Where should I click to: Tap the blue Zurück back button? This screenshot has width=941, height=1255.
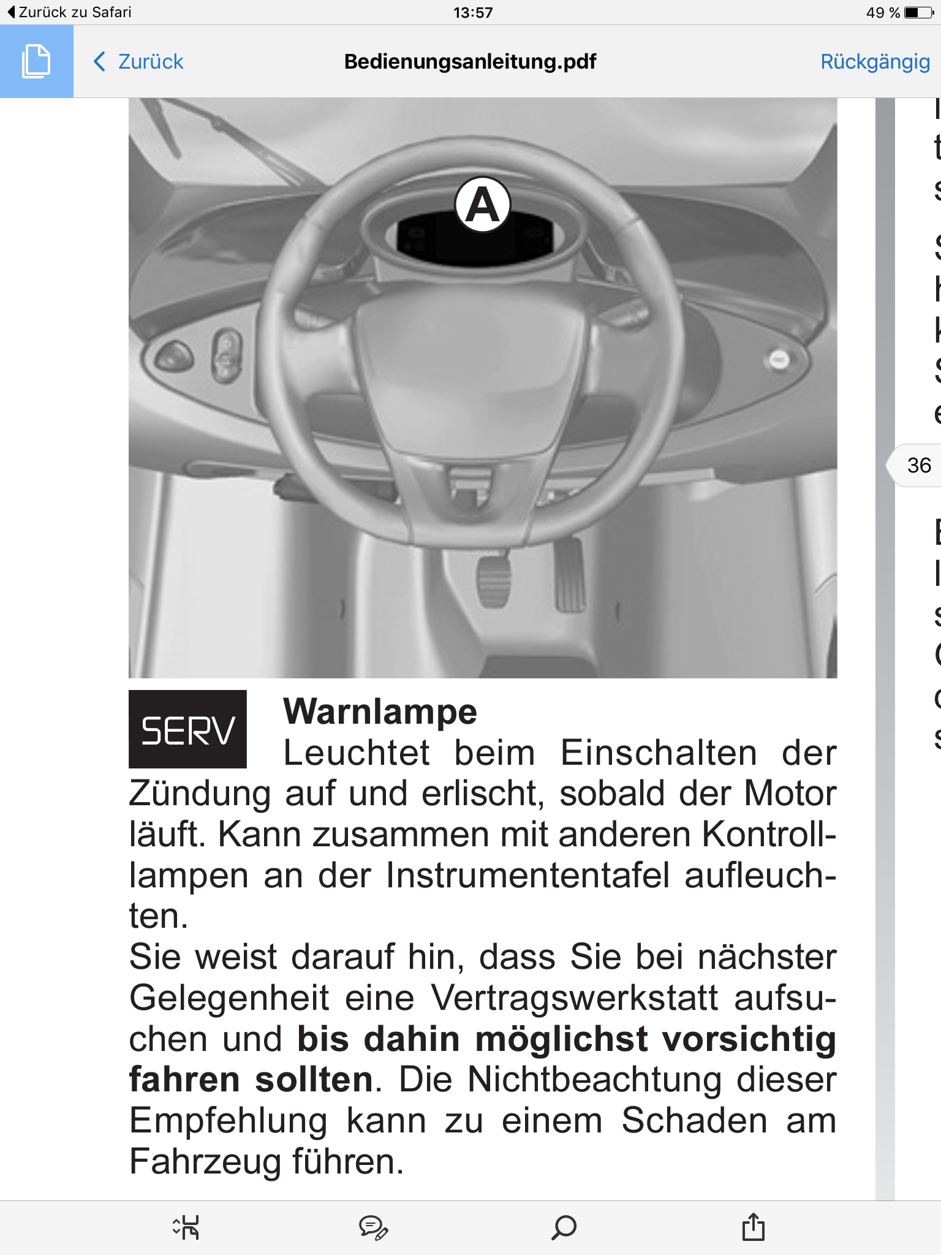138,61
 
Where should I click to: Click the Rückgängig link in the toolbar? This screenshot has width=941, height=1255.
875,61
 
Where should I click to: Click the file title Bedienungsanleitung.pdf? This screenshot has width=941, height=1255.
470,61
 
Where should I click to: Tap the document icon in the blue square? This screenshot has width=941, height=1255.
36,61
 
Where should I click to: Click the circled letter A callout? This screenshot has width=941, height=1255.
483,205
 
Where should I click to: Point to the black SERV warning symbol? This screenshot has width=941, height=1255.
187,729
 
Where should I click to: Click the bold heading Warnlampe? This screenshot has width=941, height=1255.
380,712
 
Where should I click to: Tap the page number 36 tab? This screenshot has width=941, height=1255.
918,465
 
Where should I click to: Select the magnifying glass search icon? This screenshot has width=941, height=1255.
564,1227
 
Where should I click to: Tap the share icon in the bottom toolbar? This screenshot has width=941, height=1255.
753,1227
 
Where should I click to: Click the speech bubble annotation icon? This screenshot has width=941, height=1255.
373,1227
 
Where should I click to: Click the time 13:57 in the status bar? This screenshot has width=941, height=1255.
473,12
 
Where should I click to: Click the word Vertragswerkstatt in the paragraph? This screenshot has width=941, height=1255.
575,998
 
